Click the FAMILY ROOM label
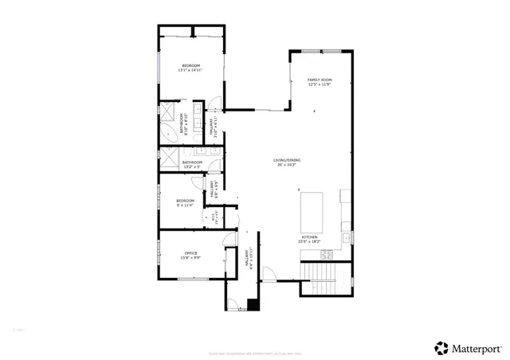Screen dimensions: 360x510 coord(320,82)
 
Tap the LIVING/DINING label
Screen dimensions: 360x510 coord(284,163)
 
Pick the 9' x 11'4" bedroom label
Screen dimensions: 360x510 coord(185,202)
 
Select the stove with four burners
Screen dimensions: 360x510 coord(327,255)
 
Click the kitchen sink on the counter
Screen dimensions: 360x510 coord(346,238)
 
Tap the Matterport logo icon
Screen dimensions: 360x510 coord(441,347)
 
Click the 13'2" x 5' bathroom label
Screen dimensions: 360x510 coord(192,165)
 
